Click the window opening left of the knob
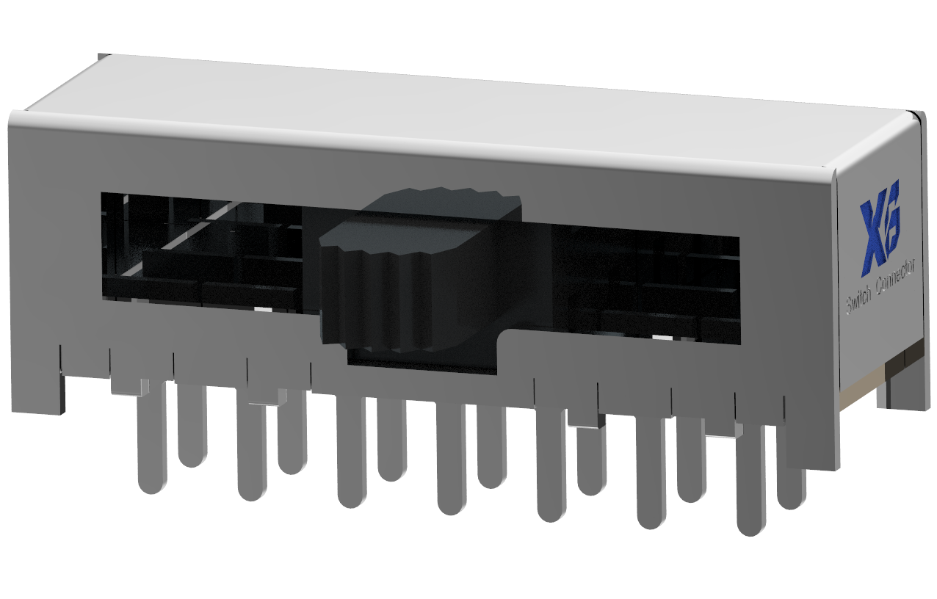pos(206,250)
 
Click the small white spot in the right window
pos(662,338)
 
